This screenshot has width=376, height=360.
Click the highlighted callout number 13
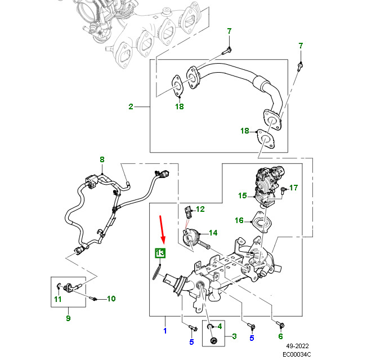coord(160,253)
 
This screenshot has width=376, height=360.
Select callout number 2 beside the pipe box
coord(131,106)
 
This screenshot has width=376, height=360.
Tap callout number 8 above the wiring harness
coord(102,160)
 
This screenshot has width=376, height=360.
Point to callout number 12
coord(200,209)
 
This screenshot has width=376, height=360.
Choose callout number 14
coord(213,233)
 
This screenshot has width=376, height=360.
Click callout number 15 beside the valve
coord(242,196)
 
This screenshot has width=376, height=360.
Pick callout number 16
coord(239,220)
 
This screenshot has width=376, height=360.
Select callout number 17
coord(294,187)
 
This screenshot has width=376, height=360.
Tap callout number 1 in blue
coord(165,331)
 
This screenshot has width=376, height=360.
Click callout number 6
coord(280,336)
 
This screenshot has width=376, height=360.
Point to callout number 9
coord(68,318)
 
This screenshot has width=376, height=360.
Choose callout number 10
coord(111,299)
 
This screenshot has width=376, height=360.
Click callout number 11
coord(57,299)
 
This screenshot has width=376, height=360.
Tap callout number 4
coord(220,326)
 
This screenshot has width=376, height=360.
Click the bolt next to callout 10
coord(94,298)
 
